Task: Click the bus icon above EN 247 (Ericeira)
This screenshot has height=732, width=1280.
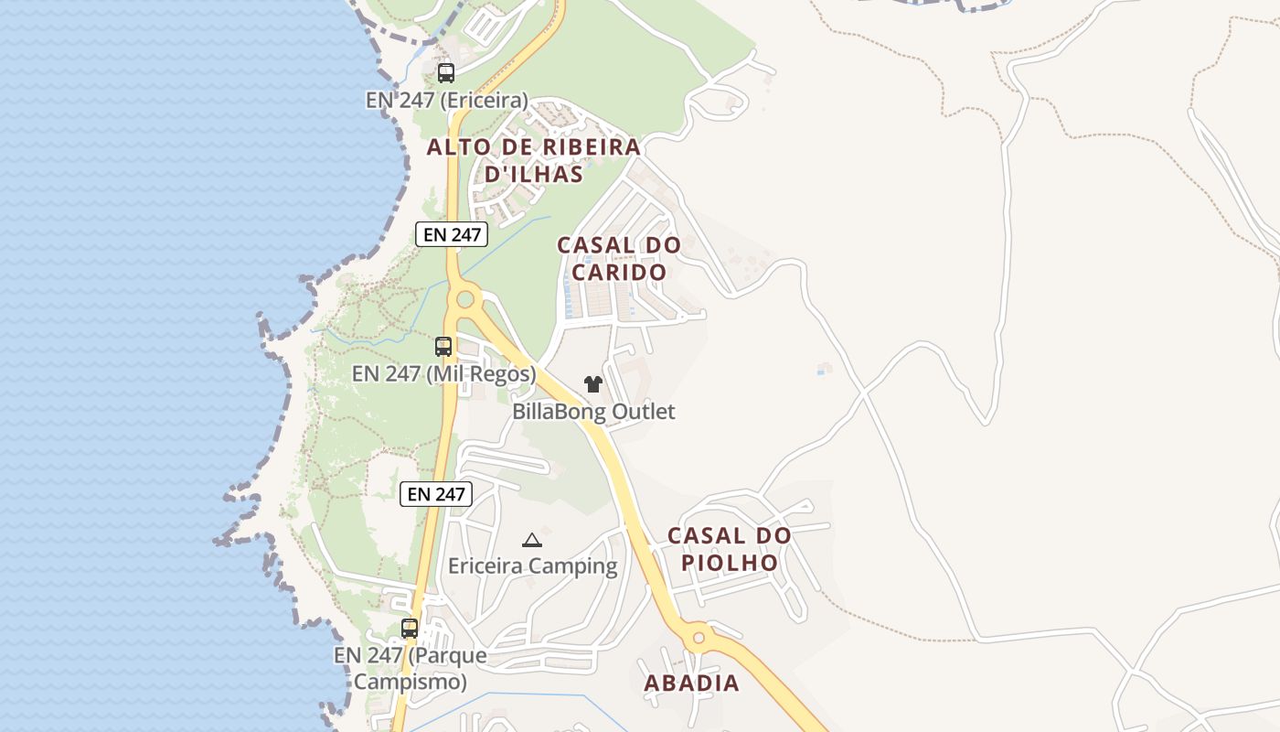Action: (445, 73)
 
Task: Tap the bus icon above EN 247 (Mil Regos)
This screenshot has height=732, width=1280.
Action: (443, 347)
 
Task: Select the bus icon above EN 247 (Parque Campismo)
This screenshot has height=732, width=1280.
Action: (410, 629)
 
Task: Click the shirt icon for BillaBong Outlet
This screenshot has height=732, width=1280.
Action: (593, 384)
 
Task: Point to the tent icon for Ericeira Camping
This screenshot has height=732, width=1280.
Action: (531, 540)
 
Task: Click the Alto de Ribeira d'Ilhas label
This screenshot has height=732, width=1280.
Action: (534, 160)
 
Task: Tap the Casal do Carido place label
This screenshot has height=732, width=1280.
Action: (619, 258)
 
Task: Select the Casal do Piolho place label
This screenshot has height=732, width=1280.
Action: (729, 549)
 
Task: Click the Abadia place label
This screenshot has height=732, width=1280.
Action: (691, 683)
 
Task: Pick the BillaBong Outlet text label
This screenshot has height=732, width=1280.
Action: (593, 412)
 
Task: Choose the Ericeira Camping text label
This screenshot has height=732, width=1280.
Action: (532, 566)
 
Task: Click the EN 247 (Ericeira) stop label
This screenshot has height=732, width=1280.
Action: (447, 100)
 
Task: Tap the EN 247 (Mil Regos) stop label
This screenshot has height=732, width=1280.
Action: (443, 374)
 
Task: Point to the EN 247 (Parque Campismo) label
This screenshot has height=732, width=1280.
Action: (410, 669)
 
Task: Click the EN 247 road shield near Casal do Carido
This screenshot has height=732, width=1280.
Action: (452, 234)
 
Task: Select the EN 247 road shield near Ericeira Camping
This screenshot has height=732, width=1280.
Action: (436, 494)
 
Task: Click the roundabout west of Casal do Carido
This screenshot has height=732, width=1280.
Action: (465, 298)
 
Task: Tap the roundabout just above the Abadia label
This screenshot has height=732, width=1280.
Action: (699, 636)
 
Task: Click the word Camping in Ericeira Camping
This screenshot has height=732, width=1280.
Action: (573, 566)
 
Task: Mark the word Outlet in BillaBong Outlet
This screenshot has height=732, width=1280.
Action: (643, 412)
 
